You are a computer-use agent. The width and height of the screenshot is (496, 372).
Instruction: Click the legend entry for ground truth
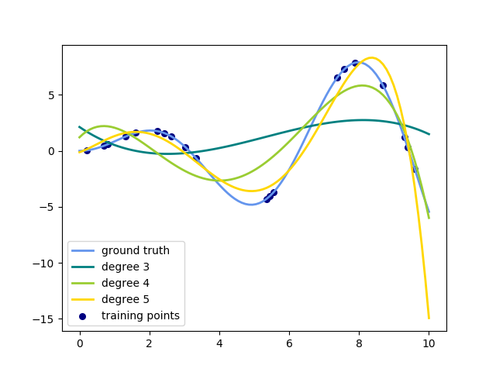pyautogui.click(x=136, y=250)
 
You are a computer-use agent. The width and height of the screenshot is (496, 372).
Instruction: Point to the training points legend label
pyautogui.click(x=140, y=315)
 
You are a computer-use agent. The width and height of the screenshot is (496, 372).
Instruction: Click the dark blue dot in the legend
pyautogui.click(x=83, y=315)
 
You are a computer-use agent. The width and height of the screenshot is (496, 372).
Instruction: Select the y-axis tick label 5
pyautogui.click(x=51, y=95)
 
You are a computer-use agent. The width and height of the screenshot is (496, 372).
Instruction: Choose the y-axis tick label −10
pyautogui.click(x=45, y=263)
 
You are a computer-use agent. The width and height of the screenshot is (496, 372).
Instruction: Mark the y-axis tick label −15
pyautogui.click(x=45, y=319)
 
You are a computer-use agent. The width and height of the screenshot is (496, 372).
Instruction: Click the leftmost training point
pyautogui.click(x=86, y=150)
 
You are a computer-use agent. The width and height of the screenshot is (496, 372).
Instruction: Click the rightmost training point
pyautogui.click(x=415, y=169)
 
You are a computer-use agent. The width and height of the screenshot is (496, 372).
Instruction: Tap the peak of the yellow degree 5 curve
pyautogui.click(x=372, y=57)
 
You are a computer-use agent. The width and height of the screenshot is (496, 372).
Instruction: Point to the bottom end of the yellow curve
pyautogui.click(x=429, y=318)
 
